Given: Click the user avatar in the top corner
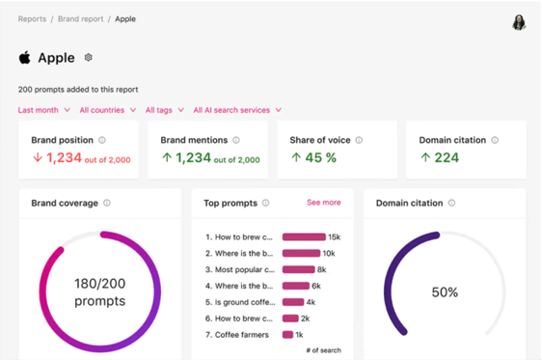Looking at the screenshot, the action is click(519, 22).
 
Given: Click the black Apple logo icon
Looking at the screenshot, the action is click(24, 57).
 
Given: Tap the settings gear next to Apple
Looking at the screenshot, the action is click(88, 57).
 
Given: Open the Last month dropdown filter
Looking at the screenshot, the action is click(44, 110).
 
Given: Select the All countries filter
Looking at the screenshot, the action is click(107, 110).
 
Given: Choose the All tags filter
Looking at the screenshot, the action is click(165, 110).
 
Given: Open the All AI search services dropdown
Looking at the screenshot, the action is click(237, 110).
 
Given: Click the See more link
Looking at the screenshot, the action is click(323, 203).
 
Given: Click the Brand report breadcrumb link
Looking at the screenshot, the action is click(81, 19).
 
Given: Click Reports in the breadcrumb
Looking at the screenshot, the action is click(32, 19).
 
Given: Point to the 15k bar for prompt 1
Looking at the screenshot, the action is click(304, 236).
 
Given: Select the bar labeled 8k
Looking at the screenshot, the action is click(298, 269).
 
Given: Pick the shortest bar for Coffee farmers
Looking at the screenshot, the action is click(287, 334).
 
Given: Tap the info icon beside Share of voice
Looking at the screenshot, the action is click(359, 140).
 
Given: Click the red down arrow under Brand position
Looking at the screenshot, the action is click(38, 157).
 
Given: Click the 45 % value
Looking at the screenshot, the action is click(320, 157).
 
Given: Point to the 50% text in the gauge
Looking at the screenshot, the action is click(445, 292).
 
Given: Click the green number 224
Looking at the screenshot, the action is click(447, 157).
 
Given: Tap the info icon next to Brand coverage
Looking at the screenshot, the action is click(107, 203).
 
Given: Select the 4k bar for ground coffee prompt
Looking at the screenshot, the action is click(293, 302).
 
